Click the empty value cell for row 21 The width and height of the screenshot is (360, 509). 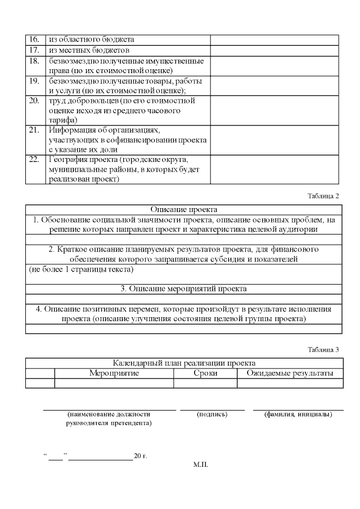pyautogui.click(x=274, y=139)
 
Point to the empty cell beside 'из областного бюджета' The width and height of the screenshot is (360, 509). pyautogui.click(x=274, y=39)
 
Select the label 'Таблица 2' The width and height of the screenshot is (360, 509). pyautogui.click(x=323, y=196)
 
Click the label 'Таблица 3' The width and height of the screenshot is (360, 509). pyautogui.click(x=323, y=349)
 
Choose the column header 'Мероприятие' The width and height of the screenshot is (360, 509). pyautogui.click(x=114, y=373)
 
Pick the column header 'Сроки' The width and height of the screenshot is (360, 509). pyautogui.click(x=205, y=373)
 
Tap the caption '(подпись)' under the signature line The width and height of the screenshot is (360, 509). pyautogui.click(x=212, y=415)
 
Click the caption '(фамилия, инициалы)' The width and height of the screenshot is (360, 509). pyautogui.click(x=298, y=415)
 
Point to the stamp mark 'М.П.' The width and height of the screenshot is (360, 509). pyautogui.click(x=200, y=465)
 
